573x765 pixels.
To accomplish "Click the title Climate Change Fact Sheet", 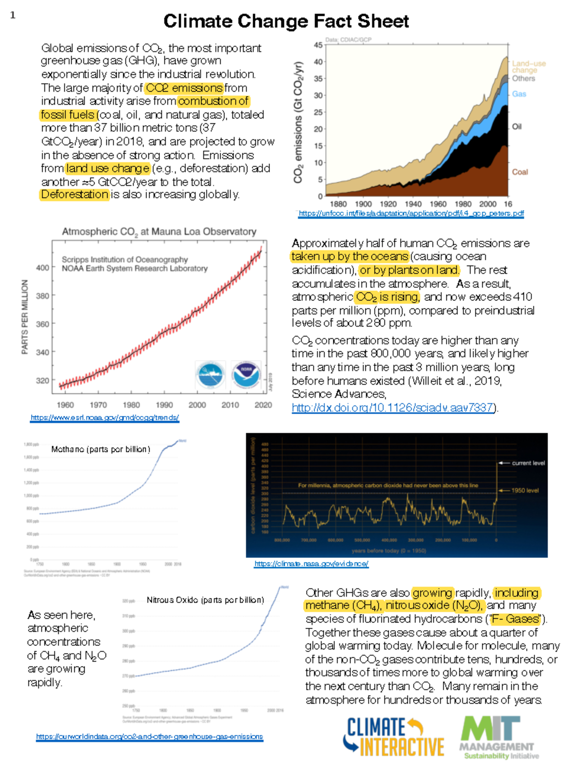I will tap(286, 22).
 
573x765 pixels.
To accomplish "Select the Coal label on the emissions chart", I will tap(520, 172).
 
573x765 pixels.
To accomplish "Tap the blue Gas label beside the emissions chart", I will tap(519, 94).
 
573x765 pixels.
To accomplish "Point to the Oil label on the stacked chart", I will tap(517, 127).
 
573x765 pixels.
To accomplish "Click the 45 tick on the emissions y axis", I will tap(318, 45).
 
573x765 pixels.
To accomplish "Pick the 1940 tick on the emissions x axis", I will tap(413, 204).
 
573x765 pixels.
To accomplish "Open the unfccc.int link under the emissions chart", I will tap(411, 213).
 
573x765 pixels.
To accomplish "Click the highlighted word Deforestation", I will tap(74, 195).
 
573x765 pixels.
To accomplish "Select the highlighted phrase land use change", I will tap(108, 168).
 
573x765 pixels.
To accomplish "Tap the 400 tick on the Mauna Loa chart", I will tap(42, 268).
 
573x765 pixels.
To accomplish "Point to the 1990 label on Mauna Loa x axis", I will tap(164, 405).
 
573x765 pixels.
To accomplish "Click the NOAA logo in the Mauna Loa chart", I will tap(246, 375).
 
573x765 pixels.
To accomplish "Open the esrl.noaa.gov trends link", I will tap(105, 417).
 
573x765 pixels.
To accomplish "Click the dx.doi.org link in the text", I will tap(393, 407).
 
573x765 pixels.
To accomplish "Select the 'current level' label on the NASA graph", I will tap(528, 463).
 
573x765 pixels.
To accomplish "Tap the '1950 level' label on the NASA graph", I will tap(525, 491).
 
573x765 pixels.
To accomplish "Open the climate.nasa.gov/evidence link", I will tap(311, 564).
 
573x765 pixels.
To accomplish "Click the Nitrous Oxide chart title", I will tap(205, 600).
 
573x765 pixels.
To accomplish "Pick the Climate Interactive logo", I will tap(393, 737).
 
